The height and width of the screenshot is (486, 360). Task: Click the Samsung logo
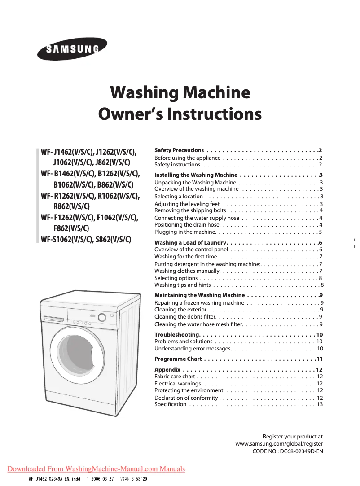(72, 48)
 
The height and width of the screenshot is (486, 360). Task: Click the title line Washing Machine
(180, 93)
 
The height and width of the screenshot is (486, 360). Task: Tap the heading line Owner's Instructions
(180, 114)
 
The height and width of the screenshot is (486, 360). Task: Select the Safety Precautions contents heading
(179, 150)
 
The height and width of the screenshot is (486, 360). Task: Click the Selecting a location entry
(179, 197)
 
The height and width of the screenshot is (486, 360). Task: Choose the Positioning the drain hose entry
(187, 224)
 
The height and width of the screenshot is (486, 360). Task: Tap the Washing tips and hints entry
(183, 285)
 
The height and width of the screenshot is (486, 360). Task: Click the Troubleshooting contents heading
(177, 335)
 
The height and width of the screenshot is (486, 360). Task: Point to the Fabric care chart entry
(175, 377)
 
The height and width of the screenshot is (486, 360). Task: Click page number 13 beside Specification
(320, 404)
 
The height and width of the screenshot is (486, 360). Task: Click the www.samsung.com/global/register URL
(279, 444)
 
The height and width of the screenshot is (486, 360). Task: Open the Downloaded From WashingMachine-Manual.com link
(96, 469)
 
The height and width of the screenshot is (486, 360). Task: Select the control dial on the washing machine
(102, 318)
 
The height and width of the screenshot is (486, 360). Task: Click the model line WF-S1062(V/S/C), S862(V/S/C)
(86, 239)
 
